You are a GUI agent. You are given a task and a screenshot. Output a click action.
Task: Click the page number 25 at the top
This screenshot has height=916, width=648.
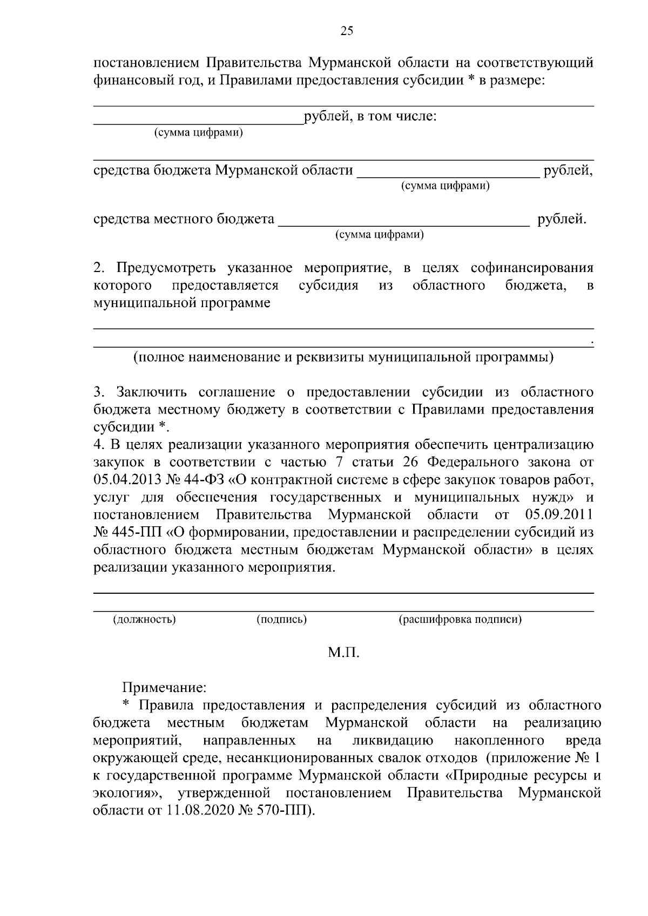[346, 31]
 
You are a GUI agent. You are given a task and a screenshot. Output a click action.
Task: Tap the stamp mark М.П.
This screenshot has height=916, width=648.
[343, 653]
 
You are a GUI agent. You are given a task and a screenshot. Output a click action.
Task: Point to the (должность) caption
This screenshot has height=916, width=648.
[144, 620]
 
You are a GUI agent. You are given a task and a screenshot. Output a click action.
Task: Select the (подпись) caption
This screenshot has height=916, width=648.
[281, 620]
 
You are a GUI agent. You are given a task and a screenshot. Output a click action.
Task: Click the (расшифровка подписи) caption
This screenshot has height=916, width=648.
[460, 620]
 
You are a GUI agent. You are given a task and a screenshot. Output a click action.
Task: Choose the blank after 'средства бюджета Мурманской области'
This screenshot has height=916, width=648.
[448, 172]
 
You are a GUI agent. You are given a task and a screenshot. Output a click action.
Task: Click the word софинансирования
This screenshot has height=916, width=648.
[532, 268]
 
